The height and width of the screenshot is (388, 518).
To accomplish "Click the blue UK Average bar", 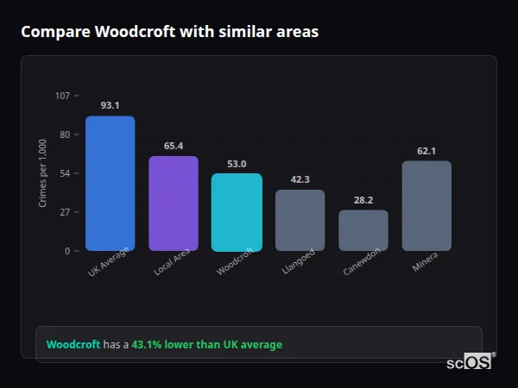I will pos(110,183).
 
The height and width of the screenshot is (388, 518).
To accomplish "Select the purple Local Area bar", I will pos(174,203).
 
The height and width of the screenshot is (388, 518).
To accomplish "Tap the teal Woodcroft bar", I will pos(237,212).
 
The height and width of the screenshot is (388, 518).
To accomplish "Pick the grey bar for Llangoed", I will pos(300,220).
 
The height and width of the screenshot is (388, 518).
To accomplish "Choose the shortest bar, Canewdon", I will pos(363,230).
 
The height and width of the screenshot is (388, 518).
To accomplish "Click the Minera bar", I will pos(426,205).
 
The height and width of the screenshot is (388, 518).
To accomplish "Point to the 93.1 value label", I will pos(110,105).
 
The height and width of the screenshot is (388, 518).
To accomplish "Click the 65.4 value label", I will pos(174,146).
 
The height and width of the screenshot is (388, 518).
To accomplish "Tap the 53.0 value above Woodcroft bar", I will pos(237,164).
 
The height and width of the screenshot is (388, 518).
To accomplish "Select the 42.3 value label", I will pos(300,179).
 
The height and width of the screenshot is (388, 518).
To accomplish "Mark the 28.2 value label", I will pos(363,200).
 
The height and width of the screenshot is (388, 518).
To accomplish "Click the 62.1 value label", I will pos(426,151).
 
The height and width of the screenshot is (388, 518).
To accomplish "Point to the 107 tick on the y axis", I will pos(62,95).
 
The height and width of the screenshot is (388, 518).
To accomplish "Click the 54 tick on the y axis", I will pos(64,173).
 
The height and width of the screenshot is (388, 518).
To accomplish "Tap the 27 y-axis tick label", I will pos(64,212).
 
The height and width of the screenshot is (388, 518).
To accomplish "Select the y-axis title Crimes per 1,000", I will pos(43,172).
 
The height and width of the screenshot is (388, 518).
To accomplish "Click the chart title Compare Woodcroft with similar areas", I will pos(170,32).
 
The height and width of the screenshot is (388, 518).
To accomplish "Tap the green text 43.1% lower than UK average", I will pos(206,345).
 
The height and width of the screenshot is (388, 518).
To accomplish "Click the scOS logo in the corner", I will pos(470,362).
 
